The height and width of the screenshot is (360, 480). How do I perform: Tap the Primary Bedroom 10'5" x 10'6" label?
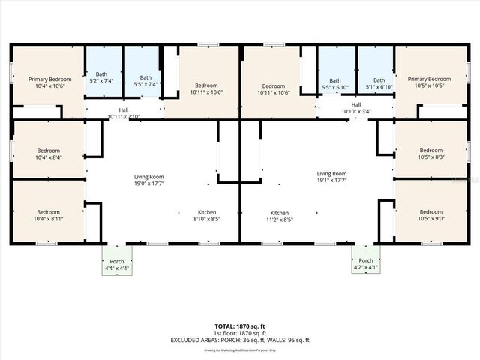(429, 82)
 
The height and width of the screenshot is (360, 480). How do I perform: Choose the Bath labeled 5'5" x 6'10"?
(335, 84)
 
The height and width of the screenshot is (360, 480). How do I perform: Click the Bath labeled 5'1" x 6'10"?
(379, 84)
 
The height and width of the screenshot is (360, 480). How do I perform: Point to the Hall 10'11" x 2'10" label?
(123, 113)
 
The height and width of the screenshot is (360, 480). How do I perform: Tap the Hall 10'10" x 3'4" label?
(355, 108)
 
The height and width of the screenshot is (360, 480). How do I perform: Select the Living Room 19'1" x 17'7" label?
(331, 177)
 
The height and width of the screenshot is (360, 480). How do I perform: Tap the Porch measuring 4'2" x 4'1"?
(364, 265)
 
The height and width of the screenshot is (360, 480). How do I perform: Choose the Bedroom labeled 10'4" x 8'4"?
(48, 154)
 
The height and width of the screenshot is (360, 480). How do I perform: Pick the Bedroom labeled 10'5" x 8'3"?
(430, 154)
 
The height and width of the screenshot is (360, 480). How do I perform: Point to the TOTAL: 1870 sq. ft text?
(240, 326)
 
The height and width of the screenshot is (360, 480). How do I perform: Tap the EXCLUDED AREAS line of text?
(240, 340)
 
